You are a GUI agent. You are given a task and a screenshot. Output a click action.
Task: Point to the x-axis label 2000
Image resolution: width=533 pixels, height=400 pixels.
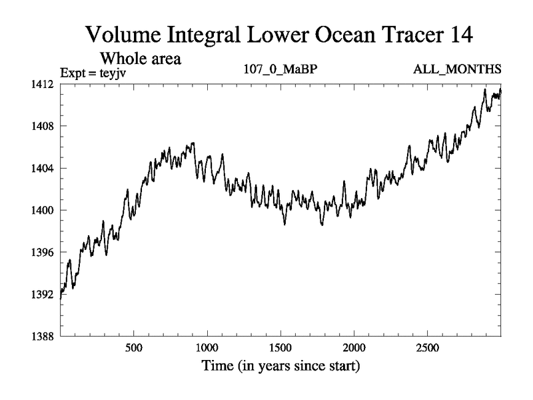[354, 349]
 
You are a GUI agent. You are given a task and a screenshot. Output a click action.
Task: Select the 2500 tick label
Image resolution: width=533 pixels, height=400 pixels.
[427, 349]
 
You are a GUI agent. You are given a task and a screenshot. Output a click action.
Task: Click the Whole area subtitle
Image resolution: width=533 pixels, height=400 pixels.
[141, 58]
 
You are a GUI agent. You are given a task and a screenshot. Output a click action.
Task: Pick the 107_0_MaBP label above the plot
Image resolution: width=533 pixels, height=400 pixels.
[280, 69]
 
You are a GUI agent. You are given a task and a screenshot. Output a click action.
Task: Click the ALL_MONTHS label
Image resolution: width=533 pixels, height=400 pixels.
[465, 69]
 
